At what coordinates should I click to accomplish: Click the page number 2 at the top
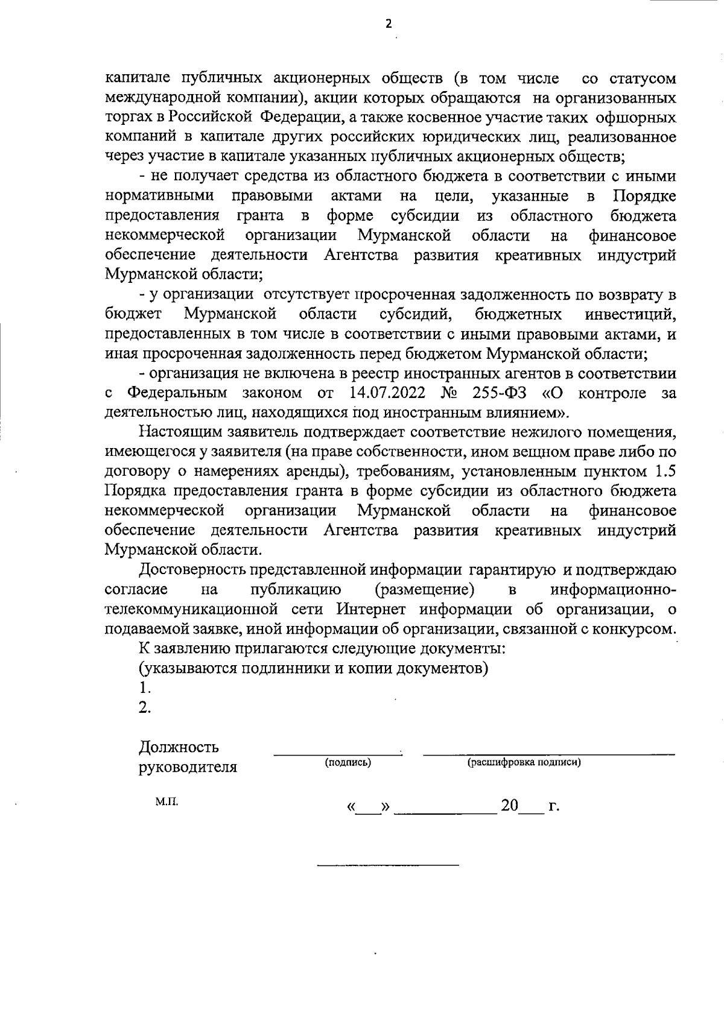coord(388,24)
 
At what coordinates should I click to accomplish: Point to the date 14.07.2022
coord(387,394)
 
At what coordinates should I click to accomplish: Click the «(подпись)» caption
coord(348,763)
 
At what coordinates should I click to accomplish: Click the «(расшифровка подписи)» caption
coord(524,763)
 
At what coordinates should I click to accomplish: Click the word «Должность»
coord(179,748)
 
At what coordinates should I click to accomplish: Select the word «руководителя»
coord(188,768)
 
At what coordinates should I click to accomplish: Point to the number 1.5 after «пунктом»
coord(664,472)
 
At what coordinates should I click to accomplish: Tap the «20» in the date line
coord(510,806)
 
